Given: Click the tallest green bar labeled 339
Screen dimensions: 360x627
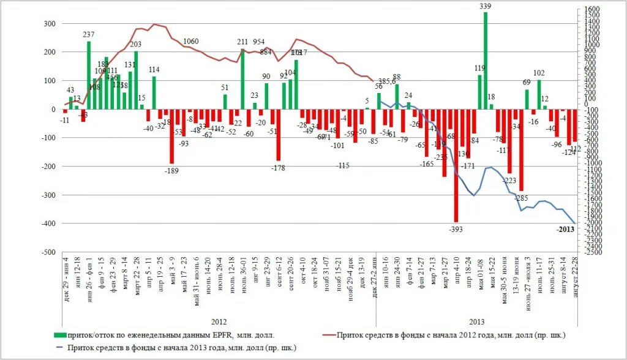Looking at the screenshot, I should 486,61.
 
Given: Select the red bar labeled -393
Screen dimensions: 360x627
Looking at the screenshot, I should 456,165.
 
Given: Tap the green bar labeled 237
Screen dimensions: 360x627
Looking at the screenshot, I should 89,75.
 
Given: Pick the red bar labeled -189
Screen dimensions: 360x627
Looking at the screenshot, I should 172,136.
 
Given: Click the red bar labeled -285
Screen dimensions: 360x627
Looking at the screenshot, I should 521,150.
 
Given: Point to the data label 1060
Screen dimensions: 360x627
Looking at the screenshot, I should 191,42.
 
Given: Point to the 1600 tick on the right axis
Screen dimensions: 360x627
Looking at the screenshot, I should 592,9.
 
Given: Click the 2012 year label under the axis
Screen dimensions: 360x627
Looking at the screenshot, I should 219,321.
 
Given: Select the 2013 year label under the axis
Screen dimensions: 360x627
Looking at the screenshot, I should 476,321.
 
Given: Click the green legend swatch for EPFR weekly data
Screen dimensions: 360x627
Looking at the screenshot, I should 59,335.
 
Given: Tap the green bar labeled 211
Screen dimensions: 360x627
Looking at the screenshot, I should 242,79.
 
